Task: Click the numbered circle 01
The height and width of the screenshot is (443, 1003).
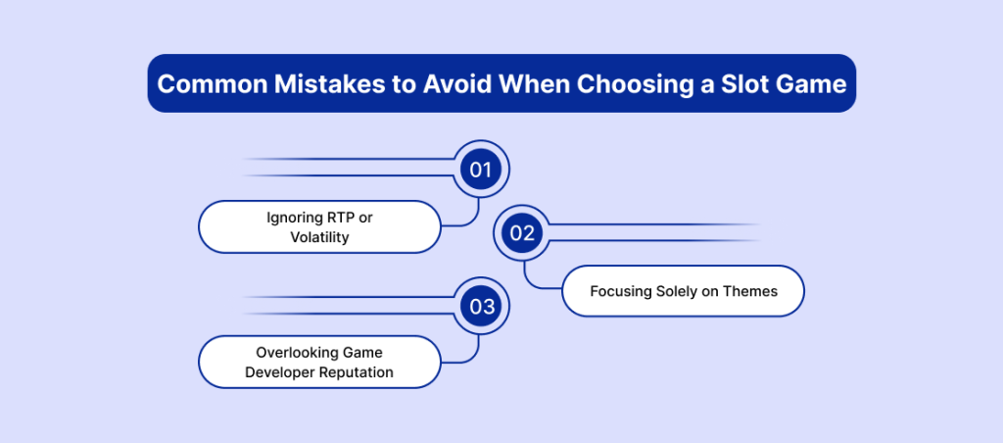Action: click(x=480, y=170)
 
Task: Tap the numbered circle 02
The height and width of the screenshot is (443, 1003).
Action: click(x=522, y=233)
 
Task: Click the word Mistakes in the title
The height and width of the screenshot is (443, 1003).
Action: click(x=315, y=84)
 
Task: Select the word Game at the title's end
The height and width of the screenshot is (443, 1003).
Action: click(x=812, y=84)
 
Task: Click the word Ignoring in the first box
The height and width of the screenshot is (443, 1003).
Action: click(x=295, y=218)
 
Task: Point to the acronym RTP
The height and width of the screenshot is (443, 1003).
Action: click(x=340, y=218)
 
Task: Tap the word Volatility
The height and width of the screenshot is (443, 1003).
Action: click(x=320, y=237)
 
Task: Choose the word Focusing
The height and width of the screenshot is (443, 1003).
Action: click(x=622, y=292)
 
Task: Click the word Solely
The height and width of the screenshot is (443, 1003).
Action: click(x=679, y=292)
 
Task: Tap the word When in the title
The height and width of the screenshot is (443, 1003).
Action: click(x=529, y=84)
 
